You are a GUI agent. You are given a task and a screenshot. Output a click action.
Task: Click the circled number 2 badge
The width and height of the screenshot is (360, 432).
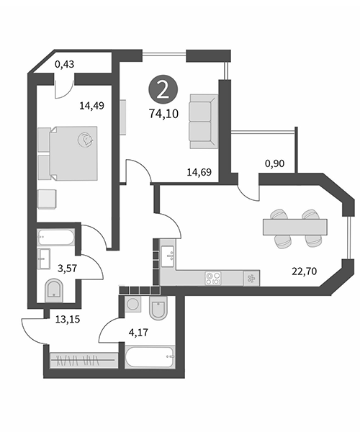(x=163, y=89)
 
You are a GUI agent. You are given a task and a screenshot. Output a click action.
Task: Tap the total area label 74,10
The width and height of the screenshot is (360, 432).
(x=163, y=114)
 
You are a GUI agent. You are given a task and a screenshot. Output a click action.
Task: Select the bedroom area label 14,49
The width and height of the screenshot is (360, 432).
(x=91, y=106)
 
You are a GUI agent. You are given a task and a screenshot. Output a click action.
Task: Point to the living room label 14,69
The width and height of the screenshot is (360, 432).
(x=199, y=172)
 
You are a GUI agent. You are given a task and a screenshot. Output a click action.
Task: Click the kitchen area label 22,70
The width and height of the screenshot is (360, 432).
(x=304, y=271)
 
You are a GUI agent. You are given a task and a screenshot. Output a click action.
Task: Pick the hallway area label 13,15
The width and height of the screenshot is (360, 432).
(x=68, y=319)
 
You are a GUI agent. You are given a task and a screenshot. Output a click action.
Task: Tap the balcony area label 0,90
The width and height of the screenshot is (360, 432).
(x=274, y=163)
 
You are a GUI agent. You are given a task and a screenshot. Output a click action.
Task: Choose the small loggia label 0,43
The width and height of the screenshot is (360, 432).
(x=65, y=64)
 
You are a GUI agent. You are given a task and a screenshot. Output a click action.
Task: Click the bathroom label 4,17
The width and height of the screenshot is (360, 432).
(x=138, y=333)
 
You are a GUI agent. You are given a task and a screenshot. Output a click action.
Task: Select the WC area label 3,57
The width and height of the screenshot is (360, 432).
(x=67, y=268)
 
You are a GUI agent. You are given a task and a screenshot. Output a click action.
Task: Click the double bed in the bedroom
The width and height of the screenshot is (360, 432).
(x=73, y=153)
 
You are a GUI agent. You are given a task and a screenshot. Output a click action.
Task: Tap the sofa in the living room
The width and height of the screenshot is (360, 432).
(x=204, y=122)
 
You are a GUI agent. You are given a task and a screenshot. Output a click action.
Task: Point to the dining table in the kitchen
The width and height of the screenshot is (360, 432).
(x=295, y=227)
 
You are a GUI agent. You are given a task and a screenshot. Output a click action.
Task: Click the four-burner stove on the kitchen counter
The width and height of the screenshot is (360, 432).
(x=213, y=278)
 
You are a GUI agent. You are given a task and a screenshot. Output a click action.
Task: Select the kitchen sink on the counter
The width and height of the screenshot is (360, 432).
(x=168, y=256)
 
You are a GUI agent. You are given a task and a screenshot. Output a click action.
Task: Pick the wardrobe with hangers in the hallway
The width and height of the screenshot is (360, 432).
(x=83, y=360)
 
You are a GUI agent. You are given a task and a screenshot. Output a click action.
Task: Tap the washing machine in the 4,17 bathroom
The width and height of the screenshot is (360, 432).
(x=133, y=304)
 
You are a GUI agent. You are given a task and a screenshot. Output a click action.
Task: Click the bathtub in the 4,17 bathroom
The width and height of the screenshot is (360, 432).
(x=150, y=356)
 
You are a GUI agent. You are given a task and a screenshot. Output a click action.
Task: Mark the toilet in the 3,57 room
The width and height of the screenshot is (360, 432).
(x=54, y=291)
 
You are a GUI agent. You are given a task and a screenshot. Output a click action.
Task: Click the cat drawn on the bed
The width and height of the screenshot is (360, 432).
(x=86, y=140)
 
